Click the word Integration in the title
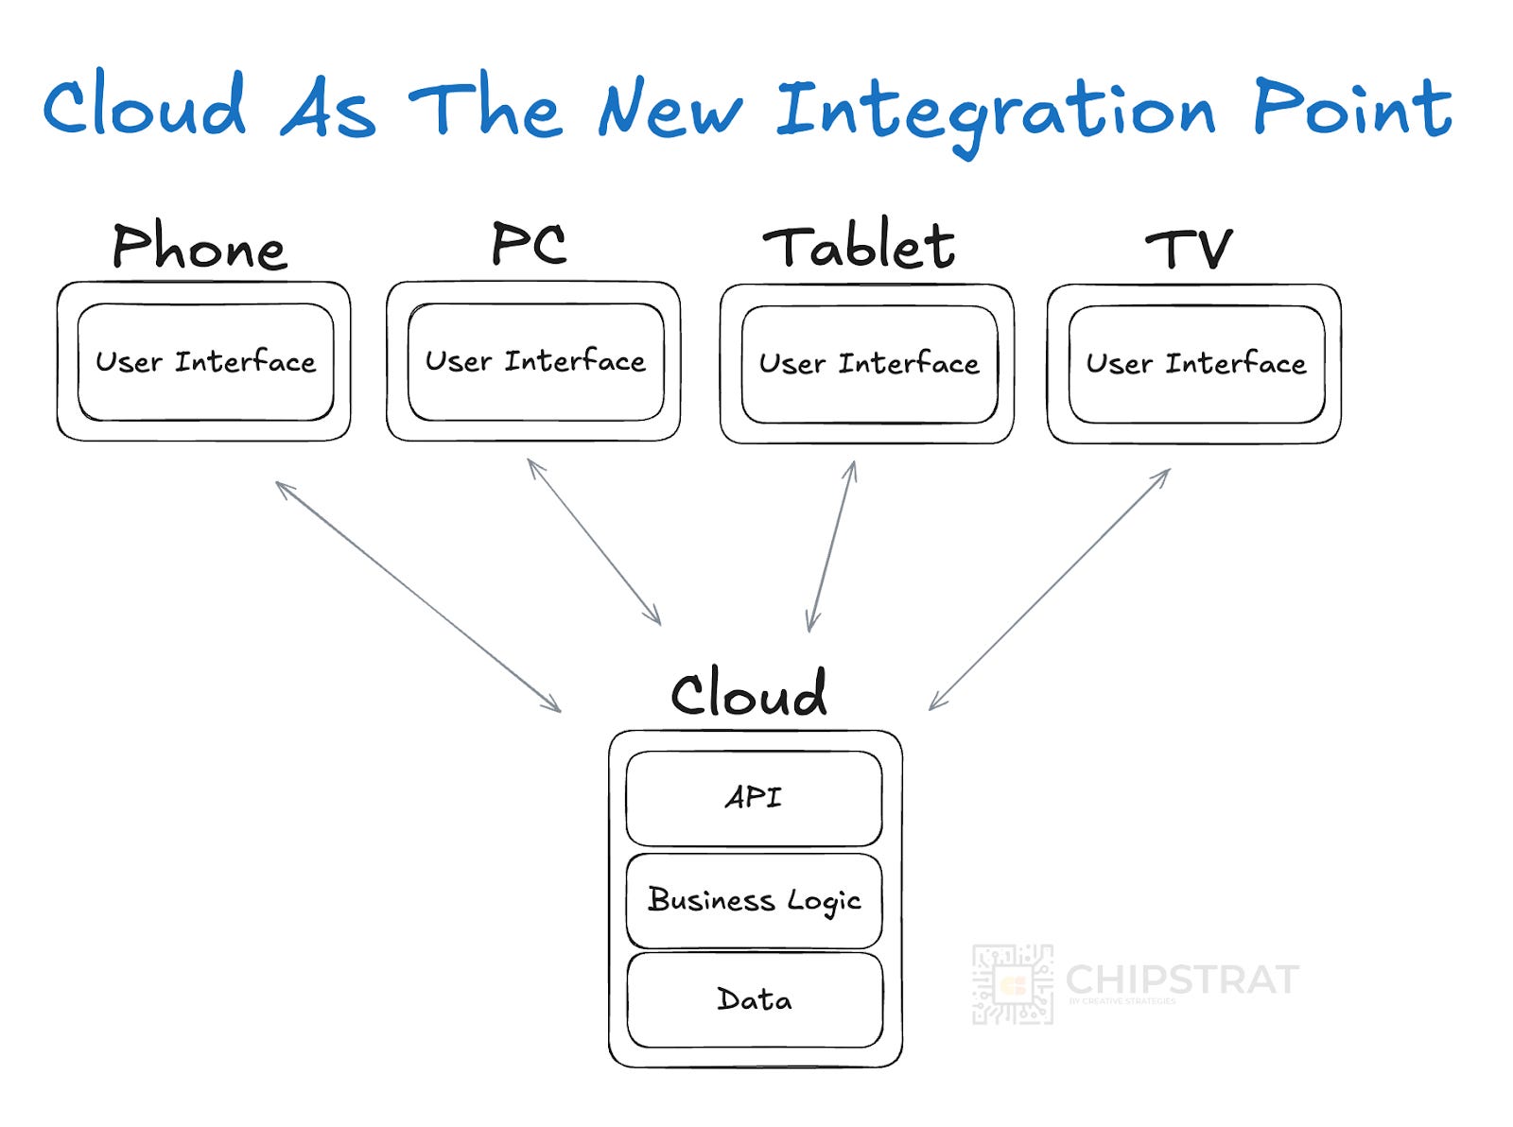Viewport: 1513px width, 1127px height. point(995,112)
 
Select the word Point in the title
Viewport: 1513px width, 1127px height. point(1352,108)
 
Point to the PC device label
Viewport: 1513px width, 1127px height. point(529,243)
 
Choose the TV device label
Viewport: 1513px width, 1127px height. point(1189,249)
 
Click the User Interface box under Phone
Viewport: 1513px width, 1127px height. point(205,362)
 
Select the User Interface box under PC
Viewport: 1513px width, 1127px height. point(535,361)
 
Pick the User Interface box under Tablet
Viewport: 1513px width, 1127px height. point(869,364)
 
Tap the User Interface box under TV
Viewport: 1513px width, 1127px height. point(1196,364)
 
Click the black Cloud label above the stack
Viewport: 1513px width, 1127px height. point(748,693)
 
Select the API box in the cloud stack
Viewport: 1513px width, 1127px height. point(754,798)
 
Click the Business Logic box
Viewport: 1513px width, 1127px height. point(754,900)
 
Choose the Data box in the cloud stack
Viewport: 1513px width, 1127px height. point(755,999)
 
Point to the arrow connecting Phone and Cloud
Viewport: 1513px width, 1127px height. point(418,597)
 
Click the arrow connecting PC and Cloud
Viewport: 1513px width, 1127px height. point(594,542)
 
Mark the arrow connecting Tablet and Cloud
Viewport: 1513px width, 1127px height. point(832,546)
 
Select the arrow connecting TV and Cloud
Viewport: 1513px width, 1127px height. point(1050,589)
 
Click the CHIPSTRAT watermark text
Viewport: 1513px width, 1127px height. point(1182,980)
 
